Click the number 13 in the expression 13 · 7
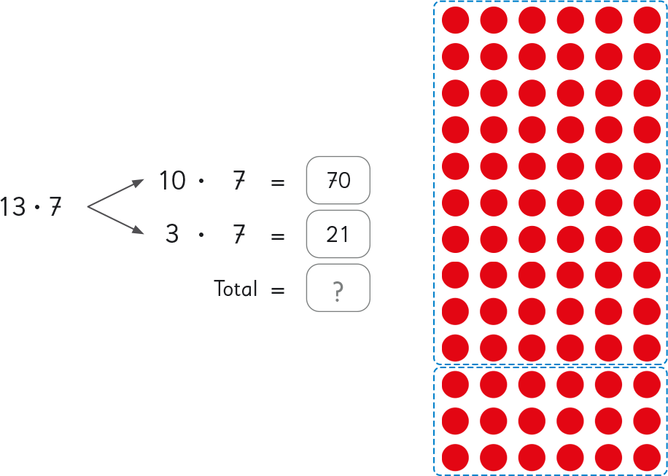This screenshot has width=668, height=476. pyautogui.click(x=12, y=208)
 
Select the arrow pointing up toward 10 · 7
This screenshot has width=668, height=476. pyautogui.click(x=117, y=193)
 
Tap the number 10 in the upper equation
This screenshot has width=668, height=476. pyautogui.click(x=172, y=180)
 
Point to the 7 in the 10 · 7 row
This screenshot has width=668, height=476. pyautogui.click(x=238, y=180)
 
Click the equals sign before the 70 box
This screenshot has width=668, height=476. pyautogui.click(x=277, y=181)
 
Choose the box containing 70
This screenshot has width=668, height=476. pyautogui.click(x=338, y=180)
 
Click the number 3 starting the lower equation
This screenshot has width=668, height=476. pyautogui.click(x=171, y=235)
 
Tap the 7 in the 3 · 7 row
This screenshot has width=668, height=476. pyautogui.click(x=238, y=235)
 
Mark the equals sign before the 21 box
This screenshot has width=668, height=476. pyautogui.click(x=277, y=235)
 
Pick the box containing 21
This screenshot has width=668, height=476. pyautogui.click(x=338, y=235)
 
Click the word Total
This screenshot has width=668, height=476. pyautogui.click(x=236, y=289)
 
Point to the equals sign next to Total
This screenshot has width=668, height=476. pyautogui.click(x=277, y=290)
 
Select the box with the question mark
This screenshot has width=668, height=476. pyautogui.click(x=338, y=289)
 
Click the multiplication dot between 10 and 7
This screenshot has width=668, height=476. pyautogui.click(x=201, y=180)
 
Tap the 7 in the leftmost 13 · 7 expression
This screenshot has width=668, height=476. pyautogui.click(x=55, y=208)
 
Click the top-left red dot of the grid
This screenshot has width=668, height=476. pyautogui.click(x=456, y=20)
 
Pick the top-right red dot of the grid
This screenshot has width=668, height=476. pyautogui.click(x=646, y=20)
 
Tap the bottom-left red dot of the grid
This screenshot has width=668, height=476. pyautogui.click(x=456, y=457)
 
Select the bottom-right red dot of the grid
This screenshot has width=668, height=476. pyautogui.click(x=646, y=457)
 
